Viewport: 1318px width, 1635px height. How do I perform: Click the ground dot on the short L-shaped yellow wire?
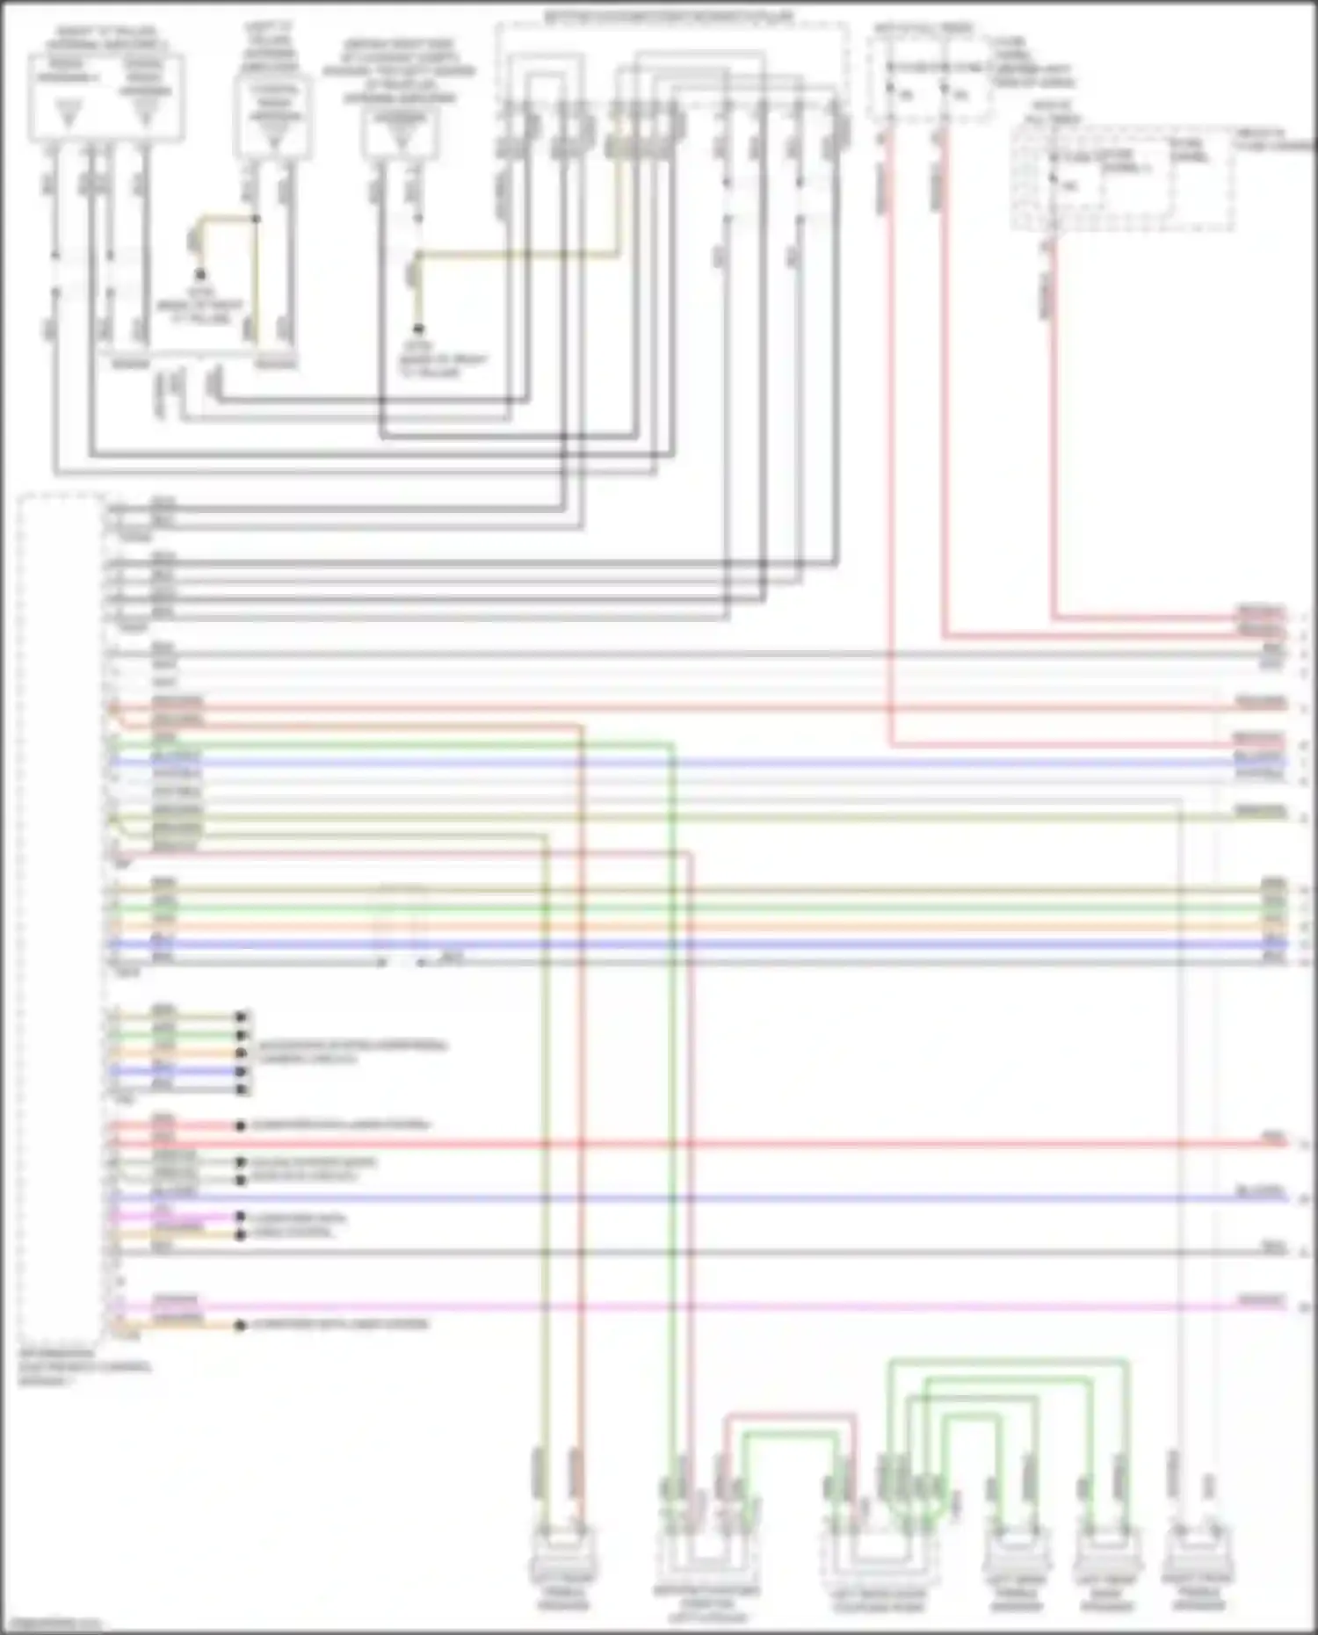point(200,274)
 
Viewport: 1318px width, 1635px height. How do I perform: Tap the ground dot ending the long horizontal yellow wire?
point(419,329)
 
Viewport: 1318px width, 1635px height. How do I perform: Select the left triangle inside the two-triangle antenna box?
point(68,112)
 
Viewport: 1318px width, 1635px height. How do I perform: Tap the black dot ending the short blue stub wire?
point(242,1071)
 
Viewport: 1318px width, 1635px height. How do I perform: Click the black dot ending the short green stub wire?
point(242,1035)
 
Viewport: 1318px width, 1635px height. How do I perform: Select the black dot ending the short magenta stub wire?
point(240,1217)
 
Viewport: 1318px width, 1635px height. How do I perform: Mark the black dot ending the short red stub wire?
point(240,1125)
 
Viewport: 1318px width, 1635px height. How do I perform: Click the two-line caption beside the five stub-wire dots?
point(351,1052)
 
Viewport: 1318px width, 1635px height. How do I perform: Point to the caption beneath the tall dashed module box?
point(83,1367)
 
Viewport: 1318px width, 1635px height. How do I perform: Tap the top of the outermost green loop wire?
point(1007,1363)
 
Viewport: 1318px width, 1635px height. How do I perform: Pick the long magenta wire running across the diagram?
point(703,1306)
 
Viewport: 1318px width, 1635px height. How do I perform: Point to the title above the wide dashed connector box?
point(670,16)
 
